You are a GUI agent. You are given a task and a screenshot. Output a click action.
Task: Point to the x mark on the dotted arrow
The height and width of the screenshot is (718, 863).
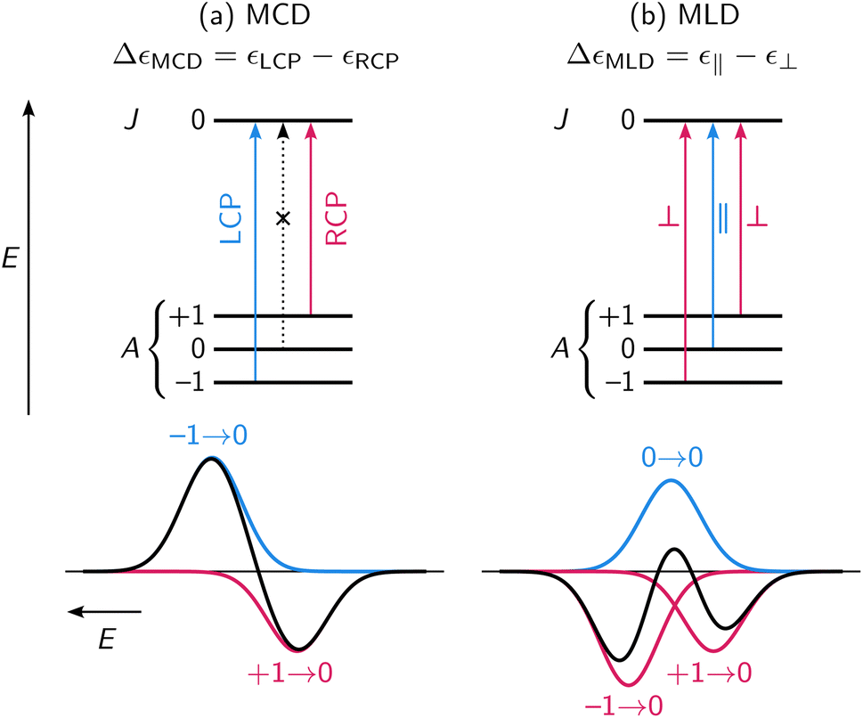pos(283,218)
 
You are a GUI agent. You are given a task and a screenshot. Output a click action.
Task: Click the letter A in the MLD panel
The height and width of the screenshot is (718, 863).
pos(566,349)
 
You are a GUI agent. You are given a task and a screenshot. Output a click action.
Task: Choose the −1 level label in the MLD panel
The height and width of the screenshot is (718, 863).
pos(618,383)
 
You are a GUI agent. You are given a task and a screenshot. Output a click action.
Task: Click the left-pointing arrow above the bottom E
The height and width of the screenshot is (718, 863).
pos(105,612)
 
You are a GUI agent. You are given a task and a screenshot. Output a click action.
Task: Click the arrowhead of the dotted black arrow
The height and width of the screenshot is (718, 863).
pos(283,129)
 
